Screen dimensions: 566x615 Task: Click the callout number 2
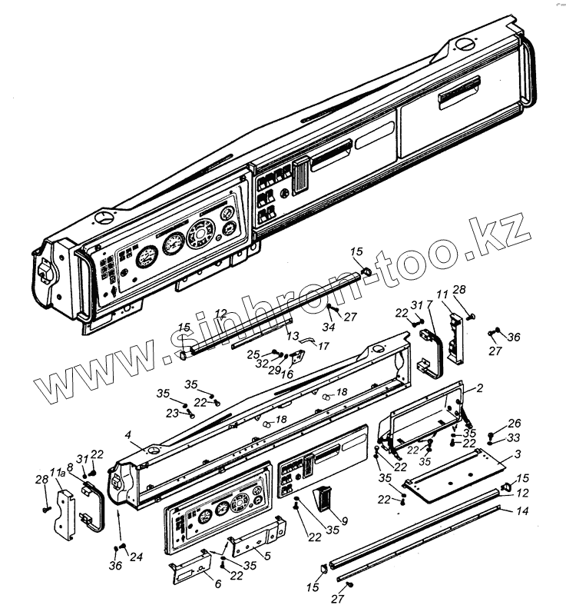click(x=479, y=389)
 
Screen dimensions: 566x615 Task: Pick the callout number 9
click(x=345, y=521)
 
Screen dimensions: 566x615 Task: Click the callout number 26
click(x=514, y=423)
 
